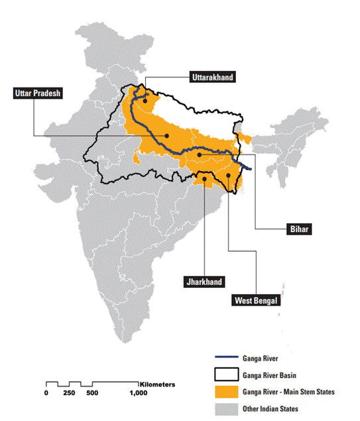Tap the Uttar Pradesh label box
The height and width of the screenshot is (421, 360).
click(x=38, y=93)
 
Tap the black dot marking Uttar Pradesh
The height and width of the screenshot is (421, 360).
click(x=167, y=135)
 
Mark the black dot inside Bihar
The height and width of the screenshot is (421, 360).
click(x=199, y=154)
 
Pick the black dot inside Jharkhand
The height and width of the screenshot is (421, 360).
click(x=205, y=178)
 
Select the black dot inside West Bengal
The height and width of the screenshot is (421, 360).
click(x=228, y=176)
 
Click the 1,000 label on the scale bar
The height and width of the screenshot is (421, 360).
click(x=139, y=394)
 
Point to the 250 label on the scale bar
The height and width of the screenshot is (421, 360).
click(x=68, y=394)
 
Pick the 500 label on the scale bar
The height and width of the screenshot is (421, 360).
click(x=92, y=394)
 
